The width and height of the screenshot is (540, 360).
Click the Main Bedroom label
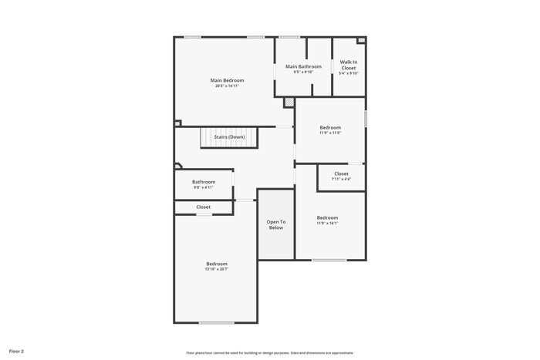pos(228,80)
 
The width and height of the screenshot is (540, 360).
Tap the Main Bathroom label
pos(303,67)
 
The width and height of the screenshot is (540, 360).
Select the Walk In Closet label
pos(349,65)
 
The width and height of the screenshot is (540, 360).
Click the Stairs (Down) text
pos(229,137)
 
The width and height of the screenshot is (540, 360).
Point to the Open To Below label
pos(275,224)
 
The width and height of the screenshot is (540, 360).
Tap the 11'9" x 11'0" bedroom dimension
pos(330,133)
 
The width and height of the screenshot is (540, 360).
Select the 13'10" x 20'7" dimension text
pos(216,269)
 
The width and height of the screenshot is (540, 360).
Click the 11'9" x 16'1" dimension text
pos(327,224)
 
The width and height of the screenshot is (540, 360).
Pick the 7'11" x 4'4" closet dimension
pos(341,179)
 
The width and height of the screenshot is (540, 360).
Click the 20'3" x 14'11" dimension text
pos(228,86)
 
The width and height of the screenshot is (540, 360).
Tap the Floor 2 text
pos(16,351)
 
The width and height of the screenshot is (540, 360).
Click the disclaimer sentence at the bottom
pos(269,352)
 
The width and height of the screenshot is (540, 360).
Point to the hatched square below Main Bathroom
pos(289,101)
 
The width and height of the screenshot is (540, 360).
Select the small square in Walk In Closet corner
pos(360,40)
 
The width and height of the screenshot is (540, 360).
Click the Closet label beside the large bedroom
pos(204,207)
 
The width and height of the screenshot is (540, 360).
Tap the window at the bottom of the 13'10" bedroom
pos(217,322)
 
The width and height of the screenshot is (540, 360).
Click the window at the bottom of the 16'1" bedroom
pos(329,260)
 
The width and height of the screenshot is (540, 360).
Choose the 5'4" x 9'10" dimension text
pos(349,73)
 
